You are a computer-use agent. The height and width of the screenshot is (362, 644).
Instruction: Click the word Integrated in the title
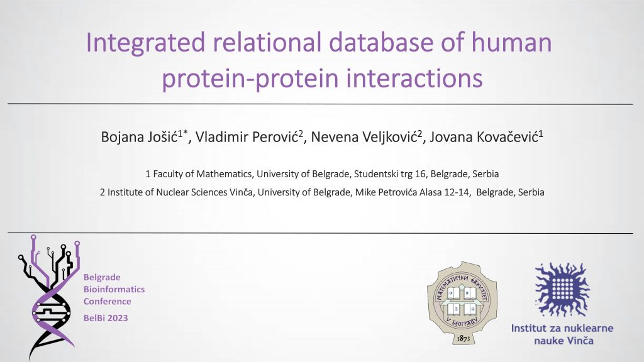[145, 43]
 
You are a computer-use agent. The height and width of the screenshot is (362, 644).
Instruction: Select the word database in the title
[380, 42]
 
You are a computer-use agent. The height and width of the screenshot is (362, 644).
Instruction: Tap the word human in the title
[511, 42]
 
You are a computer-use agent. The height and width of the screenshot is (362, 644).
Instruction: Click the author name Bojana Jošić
[139, 136]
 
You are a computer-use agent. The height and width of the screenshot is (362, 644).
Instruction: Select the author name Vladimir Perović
[246, 136]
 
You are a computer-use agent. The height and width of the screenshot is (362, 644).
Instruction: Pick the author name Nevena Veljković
[364, 136]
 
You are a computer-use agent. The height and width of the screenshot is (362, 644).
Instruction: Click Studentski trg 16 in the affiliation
[390, 174]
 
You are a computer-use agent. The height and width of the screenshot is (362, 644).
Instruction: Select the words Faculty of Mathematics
[202, 174]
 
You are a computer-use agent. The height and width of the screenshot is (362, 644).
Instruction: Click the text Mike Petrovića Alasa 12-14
[413, 192]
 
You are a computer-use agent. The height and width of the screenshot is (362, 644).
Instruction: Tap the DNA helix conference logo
[48, 297]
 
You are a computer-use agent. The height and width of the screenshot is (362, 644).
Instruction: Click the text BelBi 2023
[106, 318]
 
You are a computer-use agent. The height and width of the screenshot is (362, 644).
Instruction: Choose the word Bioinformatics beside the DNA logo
[114, 289]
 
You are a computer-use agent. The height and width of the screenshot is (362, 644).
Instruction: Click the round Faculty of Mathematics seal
[462, 302]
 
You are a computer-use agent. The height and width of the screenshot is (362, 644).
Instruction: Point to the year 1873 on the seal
[464, 338]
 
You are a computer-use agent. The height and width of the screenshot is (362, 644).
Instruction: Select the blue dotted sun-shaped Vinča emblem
[562, 290]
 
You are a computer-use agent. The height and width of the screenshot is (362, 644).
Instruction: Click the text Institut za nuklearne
[562, 328]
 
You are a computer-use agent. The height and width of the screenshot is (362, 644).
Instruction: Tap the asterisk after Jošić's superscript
[186, 132]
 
